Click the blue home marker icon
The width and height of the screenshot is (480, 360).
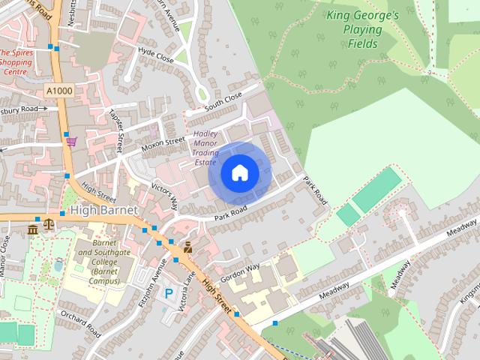coord(239,173)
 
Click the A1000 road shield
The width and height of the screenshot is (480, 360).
coord(58,91)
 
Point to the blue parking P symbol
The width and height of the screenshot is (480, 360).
coord(169,294)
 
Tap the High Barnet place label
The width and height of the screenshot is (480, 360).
coord(104,211)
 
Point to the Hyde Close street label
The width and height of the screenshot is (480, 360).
coord(156,55)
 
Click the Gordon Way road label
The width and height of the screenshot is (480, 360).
coord(240,271)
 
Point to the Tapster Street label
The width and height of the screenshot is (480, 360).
coord(117,124)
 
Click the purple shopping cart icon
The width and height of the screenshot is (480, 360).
coord(71,140)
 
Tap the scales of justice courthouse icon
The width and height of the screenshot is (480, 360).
coord(49,223)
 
